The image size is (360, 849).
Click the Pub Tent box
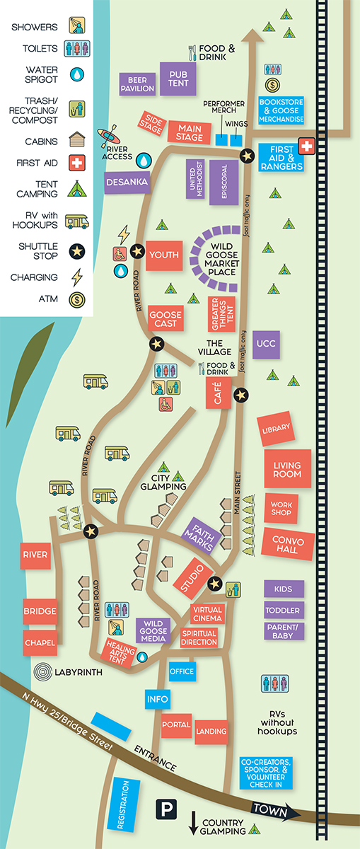[x=178, y=79]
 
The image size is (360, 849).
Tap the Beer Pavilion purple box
[x=137, y=83]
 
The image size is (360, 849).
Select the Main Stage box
[x=189, y=132]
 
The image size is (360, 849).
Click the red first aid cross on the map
[x=308, y=146]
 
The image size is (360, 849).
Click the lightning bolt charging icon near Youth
[x=124, y=233]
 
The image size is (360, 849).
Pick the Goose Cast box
[x=166, y=320]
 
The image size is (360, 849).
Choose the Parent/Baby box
[x=284, y=631]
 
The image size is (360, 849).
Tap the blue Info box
[x=158, y=699]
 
